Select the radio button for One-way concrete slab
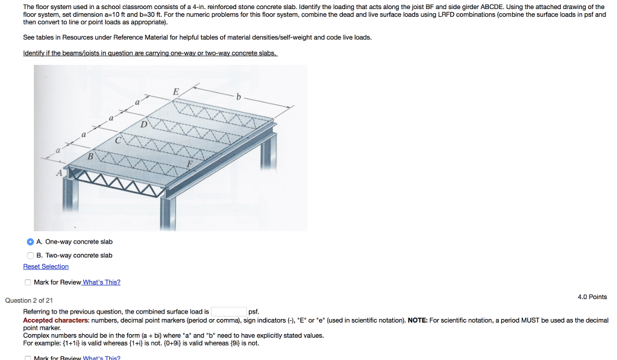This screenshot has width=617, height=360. pyautogui.click(x=30, y=242)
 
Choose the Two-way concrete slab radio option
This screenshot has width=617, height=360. pyautogui.click(x=30, y=255)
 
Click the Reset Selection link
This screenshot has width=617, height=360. pyautogui.click(x=46, y=267)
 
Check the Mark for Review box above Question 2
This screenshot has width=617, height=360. pyautogui.click(x=28, y=282)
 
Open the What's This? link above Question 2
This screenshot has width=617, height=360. pyautogui.click(x=101, y=282)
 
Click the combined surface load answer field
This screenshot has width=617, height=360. pyautogui.click(x=228, y=312)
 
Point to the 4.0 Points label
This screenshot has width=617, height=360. pyautogui.click(x=592, y=297)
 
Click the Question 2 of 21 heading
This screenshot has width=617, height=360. pyautogui.click(x=29, y=300)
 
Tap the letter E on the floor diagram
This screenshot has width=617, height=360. pyautogui.click(x=175, y=92)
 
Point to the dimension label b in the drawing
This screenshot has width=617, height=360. pyautogui.click(x=239, y=96)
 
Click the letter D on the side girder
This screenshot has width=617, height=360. pyautogui.click(x=143, y=125)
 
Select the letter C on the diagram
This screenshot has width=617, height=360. pyautogui.click(x=118, y=140)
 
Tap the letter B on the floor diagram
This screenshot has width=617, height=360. pyautogui.click(x=91, y=156)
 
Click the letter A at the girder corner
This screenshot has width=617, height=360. pyautogui.click(x=60, y=173)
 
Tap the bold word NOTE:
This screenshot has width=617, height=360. pyautogui.click(x=418, y=320)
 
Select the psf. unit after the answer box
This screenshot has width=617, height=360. pyautogui.click(x=254, y=312)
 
